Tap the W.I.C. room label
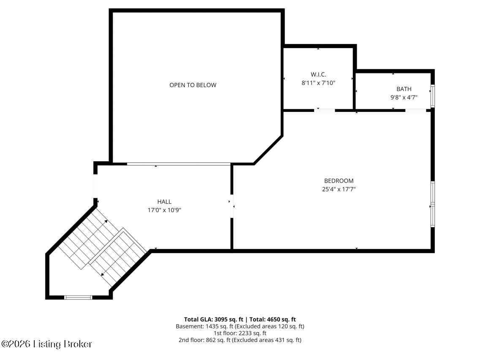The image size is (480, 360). pos(318,75)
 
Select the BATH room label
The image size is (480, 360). pos(404,89)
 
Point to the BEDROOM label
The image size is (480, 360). pos(339,181)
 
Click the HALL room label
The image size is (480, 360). pos(164,202)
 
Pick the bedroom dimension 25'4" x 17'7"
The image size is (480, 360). pos(339,189)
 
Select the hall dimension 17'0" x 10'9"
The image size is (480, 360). pos(164,210)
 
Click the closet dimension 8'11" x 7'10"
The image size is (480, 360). pos(318,83)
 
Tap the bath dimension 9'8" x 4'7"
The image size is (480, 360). pos(404,97)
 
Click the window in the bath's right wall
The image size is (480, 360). pos(432,96)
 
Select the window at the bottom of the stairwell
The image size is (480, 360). pos(78,297)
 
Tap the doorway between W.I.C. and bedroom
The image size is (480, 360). pos(325,110)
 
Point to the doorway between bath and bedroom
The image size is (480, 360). pos(416,110)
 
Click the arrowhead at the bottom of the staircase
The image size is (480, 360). pos(102,274)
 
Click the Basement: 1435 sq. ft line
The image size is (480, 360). pos(240,326)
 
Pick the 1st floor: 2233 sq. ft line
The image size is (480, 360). pos(240,333)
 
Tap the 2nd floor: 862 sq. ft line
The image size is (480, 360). pos(240,340)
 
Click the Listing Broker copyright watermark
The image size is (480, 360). pos(46,344)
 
